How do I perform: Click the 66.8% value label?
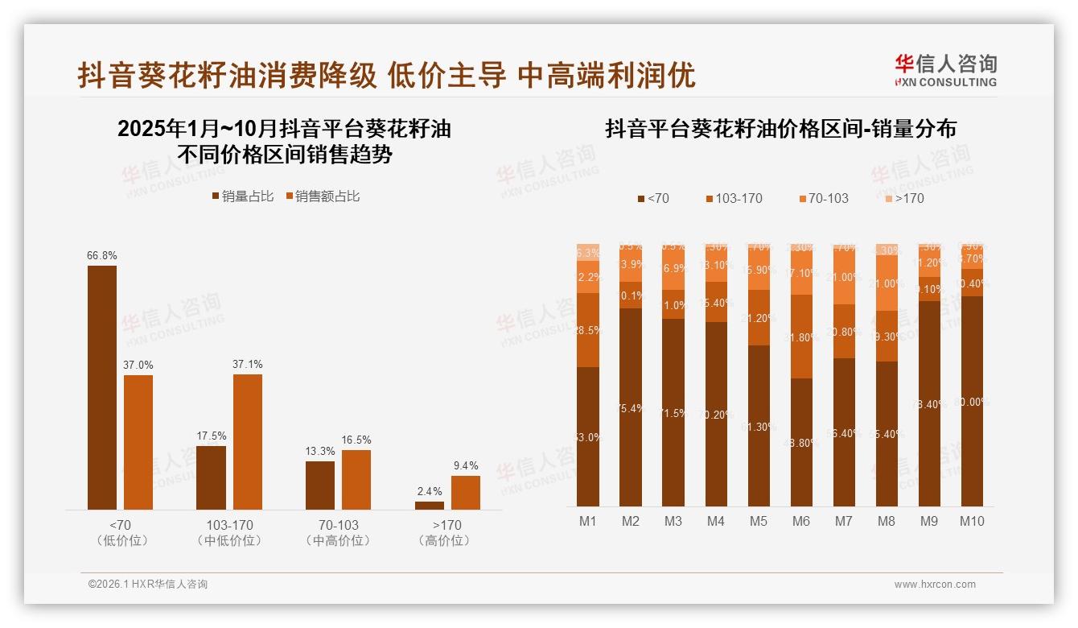[x=102, y=255]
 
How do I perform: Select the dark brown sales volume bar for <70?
[x=102, y=386]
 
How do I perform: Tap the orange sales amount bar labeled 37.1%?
[x=248, y=441]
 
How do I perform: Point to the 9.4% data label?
[x=465, y=465]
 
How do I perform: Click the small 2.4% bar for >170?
[x=429, y=506]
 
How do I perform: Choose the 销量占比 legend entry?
[x=242, y=196]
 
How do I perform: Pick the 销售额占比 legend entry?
[x=322, y=196]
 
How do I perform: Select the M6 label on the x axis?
[x=800, y=521]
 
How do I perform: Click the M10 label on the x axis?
[x=971, y=521]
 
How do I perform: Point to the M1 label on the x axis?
[x=588, y=521]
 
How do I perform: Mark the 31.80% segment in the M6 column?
[x=800, y=337]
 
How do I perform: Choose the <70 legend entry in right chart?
[x=652, y=198]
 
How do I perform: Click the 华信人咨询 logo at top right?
[x=945, y=70]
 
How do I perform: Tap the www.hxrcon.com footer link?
[x=934, y=585]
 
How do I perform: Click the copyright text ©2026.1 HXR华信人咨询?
[x=147, y=585]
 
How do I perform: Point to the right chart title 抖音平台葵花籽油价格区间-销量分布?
[x=780, y=129]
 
